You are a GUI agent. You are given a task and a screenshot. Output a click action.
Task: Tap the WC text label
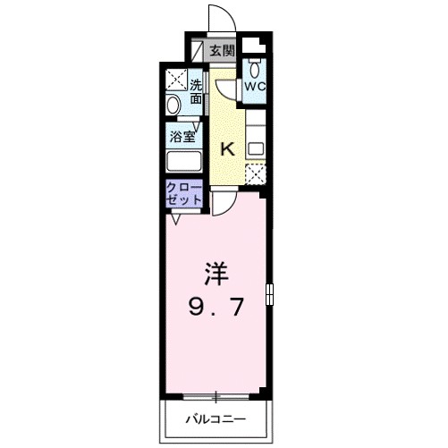tap(255, 87)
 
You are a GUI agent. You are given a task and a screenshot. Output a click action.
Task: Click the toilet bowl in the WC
tap(255, 68)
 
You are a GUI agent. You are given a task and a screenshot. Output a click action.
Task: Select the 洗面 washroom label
tap(195, 92)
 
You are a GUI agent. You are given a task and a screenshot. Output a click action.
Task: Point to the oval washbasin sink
tap(173, 105)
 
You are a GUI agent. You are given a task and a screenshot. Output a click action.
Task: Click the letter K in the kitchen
tap(227, 149)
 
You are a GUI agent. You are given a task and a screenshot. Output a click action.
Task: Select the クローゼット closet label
tap(182, 193)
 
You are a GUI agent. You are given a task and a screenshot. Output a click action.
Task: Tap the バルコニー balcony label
tap(215, 417)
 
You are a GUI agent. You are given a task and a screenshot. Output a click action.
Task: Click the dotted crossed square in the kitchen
tap(255, 173)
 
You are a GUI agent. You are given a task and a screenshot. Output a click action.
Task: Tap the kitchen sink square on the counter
tap(255, 148)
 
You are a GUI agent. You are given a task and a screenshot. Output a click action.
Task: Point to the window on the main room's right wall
tap(269, 295)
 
